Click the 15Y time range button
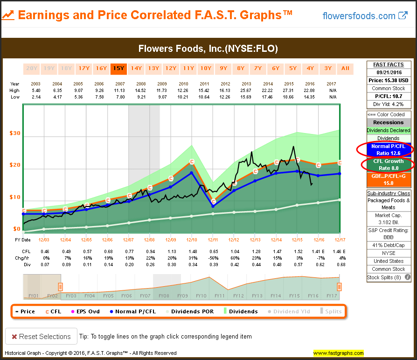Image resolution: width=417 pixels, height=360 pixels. (118, 69)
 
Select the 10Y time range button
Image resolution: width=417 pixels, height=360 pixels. (205, 69)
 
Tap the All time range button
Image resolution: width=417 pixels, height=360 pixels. (345, 69)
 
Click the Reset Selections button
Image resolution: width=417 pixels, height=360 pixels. (39, 337)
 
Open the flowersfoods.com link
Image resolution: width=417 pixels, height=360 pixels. (365, 16)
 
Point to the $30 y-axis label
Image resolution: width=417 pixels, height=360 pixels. (15, 133)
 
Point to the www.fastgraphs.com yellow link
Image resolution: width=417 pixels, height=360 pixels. (338, 353)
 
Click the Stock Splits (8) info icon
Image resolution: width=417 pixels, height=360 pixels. (408, 277)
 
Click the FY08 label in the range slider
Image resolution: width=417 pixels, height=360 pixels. (164, 296)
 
